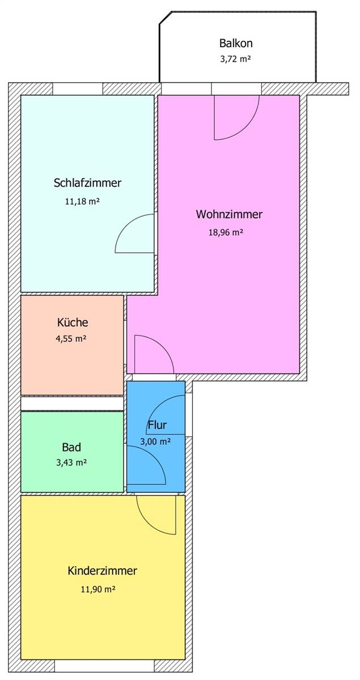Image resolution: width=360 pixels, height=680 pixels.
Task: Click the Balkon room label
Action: tap(236, 43)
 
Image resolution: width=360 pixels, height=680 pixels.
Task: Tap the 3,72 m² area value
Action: tap(235, 59)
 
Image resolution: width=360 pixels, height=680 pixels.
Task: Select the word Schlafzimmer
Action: tap(87, 182)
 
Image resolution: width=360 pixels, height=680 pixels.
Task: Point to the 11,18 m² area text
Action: tap(82, 201)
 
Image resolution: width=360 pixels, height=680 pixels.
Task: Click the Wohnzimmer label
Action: tap(229, 214)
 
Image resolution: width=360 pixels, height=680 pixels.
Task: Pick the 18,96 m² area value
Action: tap(226, 232)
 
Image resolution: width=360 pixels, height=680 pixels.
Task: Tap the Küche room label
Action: tap(73, 322)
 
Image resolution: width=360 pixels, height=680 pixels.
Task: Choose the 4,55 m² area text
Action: tap(71, 338)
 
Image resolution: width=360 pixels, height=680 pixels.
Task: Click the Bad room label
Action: tap(71, 447)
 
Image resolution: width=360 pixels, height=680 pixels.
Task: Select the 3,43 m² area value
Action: tap(71, 462)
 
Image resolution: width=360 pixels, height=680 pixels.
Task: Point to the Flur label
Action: tap(157, 425)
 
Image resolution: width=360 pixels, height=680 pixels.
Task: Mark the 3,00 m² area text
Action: tap(155, 441)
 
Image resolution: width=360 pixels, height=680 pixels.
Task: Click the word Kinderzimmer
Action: tap(103, 571)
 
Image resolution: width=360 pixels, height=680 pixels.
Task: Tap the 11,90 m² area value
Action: tap(98, 589)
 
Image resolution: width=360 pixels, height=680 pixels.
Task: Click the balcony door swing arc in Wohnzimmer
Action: tap(247, 127)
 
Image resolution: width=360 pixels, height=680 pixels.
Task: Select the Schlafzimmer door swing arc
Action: tap(126, 226)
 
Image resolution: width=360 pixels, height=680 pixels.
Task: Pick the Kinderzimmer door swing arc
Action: tap(148, 522)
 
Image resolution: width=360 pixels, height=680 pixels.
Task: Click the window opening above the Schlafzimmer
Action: tap(78, 89)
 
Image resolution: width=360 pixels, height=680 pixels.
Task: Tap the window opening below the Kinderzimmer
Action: tap(104, 669)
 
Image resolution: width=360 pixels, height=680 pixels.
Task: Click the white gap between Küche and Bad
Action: tap(72, 403)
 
